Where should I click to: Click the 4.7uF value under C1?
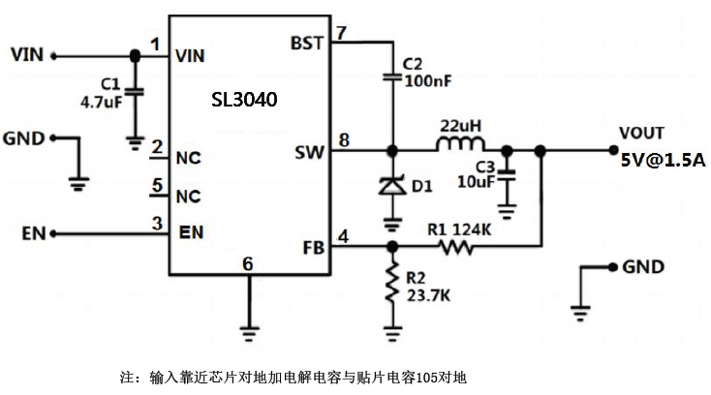coord(101,101)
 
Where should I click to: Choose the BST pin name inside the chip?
coord(307,45)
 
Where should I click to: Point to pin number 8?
coord(343,140)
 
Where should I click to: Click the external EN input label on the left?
coord(34,233)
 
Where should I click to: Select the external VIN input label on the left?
coord(28,53)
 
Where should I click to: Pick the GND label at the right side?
coord(642,265)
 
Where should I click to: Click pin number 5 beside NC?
coord(156,186)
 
